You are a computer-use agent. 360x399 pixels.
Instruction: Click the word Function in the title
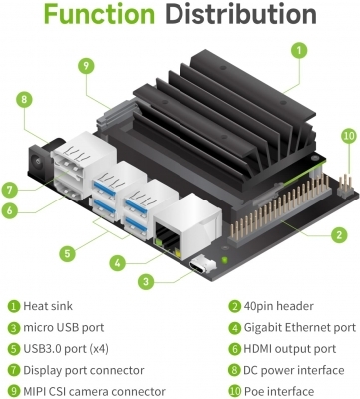99,14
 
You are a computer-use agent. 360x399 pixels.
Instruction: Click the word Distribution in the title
240,14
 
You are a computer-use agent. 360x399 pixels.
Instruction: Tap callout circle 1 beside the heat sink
299,50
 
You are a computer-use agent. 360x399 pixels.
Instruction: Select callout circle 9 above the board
86,65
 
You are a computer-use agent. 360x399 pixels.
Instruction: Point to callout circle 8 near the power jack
24,99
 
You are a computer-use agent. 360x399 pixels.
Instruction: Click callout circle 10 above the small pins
349,136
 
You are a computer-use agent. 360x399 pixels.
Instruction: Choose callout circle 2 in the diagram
339,235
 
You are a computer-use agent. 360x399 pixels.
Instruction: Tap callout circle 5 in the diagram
68,254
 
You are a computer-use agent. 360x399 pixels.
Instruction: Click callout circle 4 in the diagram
118,263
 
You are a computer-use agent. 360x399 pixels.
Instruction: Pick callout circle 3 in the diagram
146,282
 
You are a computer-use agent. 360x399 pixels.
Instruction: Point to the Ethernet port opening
168,238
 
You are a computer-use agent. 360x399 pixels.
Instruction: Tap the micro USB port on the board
201,266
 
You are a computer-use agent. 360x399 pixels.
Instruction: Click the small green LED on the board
225,259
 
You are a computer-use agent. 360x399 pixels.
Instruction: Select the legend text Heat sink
48,306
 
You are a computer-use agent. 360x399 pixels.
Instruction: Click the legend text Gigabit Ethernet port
300,328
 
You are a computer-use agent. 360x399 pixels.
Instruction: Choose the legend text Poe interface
279,392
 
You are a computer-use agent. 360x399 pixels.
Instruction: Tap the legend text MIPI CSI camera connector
94,392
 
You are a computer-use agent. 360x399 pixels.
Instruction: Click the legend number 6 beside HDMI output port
235,349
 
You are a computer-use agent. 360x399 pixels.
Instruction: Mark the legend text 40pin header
278,306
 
